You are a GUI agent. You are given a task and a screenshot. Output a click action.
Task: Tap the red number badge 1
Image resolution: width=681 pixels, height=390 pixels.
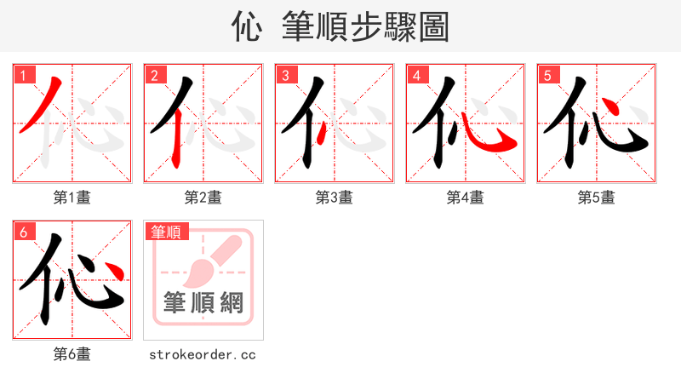pos(24,75)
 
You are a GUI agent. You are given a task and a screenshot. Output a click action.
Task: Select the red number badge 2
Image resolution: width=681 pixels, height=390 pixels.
pos(154,75)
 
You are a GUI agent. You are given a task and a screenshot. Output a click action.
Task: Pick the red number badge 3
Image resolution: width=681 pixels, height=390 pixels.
pos(285,75)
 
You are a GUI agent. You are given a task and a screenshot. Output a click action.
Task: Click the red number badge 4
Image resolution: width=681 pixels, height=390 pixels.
pos(416,75)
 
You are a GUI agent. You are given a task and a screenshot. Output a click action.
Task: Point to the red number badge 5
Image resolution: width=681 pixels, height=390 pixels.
pos(547,75)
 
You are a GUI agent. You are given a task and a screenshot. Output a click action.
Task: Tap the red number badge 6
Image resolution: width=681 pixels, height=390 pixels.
pos(24,232)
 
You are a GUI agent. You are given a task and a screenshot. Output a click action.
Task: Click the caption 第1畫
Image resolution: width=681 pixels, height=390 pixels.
pos(72,198)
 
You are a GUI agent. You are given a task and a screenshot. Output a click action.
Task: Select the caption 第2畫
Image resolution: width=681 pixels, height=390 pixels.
pos(203,198)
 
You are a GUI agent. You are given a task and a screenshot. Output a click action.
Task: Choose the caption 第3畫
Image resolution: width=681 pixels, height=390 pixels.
pos(335,198)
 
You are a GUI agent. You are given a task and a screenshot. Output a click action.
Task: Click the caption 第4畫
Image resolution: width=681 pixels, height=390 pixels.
pos(466,198)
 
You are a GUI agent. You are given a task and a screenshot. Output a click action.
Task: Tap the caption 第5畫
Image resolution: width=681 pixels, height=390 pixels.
pos(596,198)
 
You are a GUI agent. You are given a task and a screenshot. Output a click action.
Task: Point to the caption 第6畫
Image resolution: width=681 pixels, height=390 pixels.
pos(72,354)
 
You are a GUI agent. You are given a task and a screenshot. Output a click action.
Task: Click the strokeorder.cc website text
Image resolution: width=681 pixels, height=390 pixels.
pos(203,354)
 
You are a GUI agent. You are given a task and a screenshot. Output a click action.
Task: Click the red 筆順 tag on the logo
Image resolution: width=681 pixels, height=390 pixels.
pos(167,232)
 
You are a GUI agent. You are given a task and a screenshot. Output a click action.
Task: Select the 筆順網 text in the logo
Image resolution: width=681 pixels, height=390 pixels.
pos(203,302)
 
